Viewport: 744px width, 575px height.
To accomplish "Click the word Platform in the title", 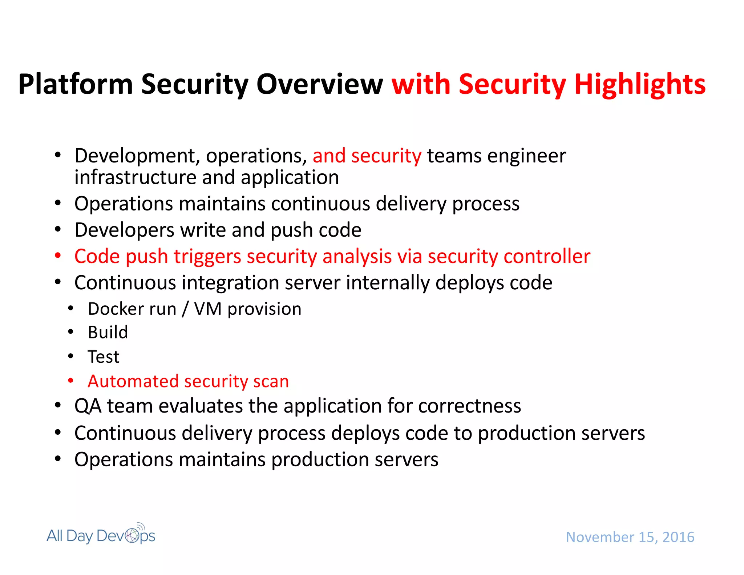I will point(76,85).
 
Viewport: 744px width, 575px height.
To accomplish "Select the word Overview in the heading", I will point(320,85).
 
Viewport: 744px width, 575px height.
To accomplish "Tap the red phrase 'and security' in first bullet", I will point(367,156).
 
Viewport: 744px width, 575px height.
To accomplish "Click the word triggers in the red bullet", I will point(207,257).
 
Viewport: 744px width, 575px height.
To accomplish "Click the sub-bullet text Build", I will point(108,332).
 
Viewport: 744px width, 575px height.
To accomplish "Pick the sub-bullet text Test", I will point(104,357).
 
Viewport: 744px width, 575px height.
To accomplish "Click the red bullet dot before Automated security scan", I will point(71,381).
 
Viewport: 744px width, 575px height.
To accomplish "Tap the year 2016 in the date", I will point(678,537).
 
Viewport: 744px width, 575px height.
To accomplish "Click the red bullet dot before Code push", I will point(58,256).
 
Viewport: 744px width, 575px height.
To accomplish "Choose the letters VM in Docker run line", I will point(207,309).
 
